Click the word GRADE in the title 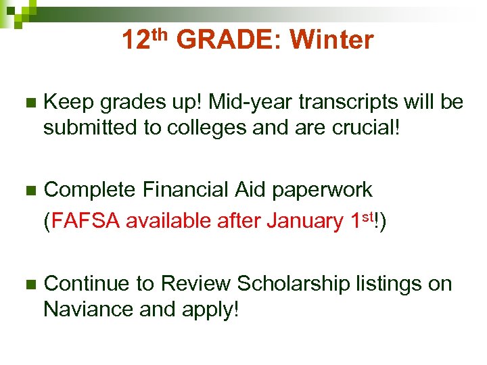pos(227,41)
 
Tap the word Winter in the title pos(331,41)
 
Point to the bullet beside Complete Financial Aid pos(27,191)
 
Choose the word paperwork pos(321,191)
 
